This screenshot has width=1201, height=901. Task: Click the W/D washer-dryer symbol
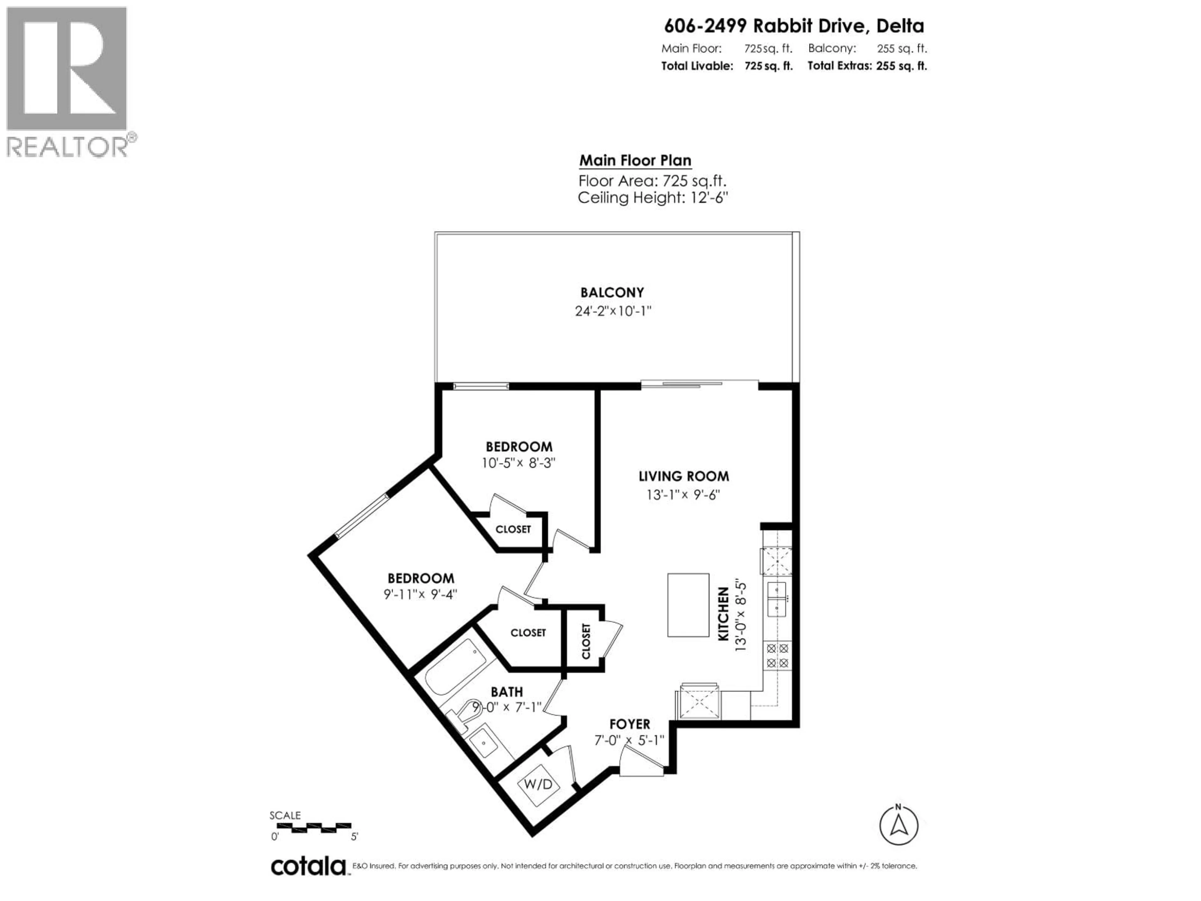[538, 784]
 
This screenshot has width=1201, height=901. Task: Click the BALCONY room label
[612, 293]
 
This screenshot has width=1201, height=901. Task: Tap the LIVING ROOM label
[684, 476]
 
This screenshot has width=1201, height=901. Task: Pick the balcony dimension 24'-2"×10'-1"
[612, 311]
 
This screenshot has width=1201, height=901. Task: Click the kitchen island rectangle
[688, 604]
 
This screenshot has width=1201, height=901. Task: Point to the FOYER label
[629, 724]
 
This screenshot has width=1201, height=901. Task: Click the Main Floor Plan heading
[635, 161]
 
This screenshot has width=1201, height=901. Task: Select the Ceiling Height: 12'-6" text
[652, 198]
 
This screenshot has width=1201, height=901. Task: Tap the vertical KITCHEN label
[723, 614]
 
